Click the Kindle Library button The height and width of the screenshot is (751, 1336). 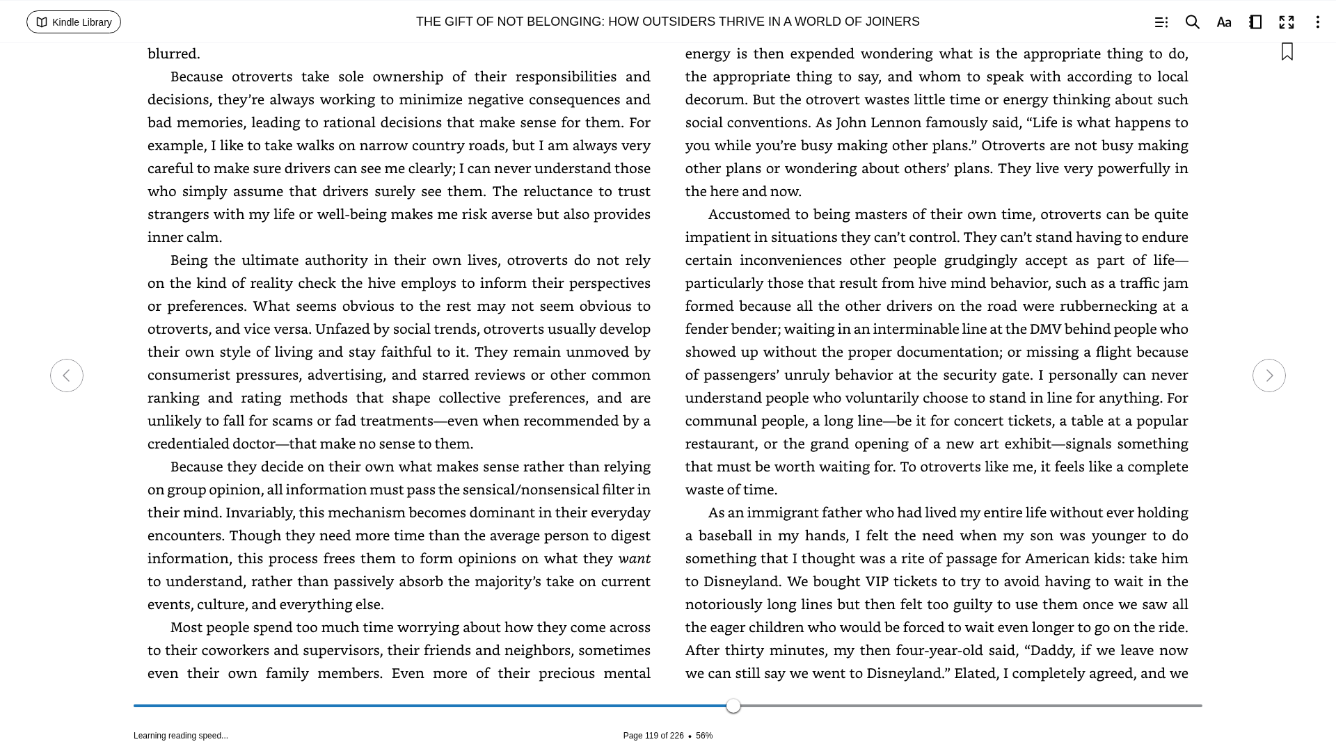tap(74, 22)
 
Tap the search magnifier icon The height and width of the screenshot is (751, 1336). tap(1192, 22)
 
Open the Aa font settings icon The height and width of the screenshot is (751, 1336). tap(1223, 22)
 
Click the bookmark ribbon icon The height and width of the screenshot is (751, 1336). tap(1287, 52)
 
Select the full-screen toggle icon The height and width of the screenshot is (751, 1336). tap(1286, 22)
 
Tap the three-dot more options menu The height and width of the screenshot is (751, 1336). tap(1317, 22)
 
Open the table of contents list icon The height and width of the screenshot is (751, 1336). tap(1161, 22)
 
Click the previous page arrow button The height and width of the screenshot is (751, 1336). tap(67, 375)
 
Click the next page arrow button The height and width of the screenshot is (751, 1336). tap(1269, 375)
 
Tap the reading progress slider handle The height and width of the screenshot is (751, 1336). tap(733, 706)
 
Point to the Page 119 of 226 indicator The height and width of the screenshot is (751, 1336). tap(653, 736)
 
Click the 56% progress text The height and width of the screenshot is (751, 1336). tap(704, 736)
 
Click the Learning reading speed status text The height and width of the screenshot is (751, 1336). tap(181, 736)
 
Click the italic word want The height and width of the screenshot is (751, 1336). tap(634, 558)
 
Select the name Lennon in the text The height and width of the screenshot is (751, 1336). tap(895, 122)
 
